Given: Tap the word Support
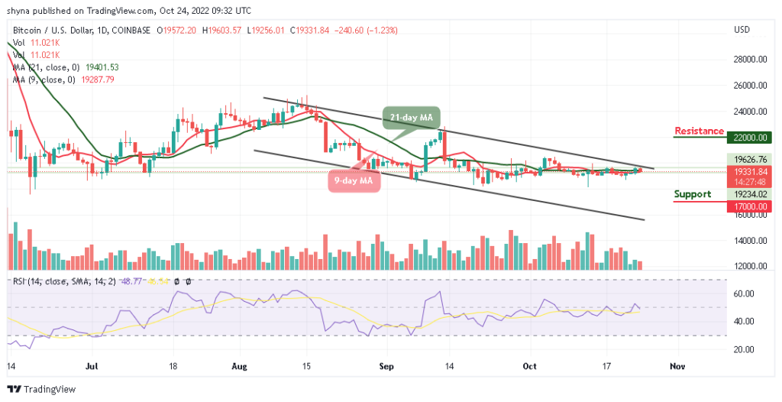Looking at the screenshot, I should tap(693, 194).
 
